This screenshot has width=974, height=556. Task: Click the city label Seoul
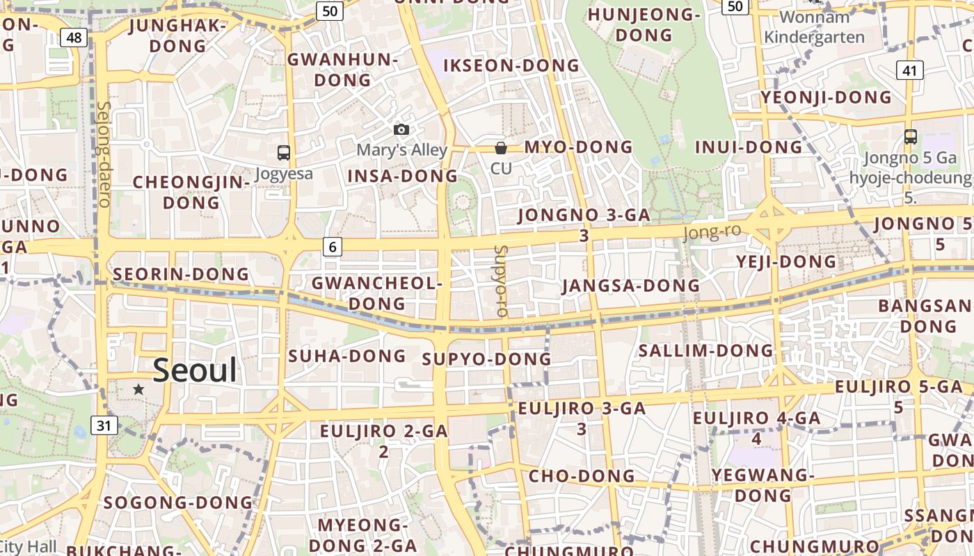[195, 370]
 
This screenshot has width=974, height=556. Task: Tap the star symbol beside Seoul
[138, 389]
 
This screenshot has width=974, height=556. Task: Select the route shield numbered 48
[73, 37]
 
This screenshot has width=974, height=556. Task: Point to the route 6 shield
[333, 246]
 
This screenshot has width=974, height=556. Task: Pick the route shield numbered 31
[104, 425]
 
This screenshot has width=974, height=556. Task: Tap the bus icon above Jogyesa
[283, 153]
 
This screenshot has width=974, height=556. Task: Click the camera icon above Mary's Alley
[401, 129]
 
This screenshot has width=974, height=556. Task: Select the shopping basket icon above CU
[500, 147]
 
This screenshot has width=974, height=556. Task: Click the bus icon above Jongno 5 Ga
[910, 137]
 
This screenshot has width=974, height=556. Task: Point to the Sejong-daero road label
[104, 154]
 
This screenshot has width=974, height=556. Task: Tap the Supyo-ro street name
[500, 281]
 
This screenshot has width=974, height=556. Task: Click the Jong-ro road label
[712, 232]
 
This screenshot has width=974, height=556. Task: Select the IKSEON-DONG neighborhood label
[511, 66]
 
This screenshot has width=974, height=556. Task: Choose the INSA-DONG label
[402, 177]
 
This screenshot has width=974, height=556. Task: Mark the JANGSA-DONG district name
[630, 286]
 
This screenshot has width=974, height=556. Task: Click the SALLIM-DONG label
[705, 350]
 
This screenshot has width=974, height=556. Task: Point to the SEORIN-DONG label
[181, 275]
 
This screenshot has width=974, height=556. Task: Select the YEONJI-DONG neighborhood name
[826, 97]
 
